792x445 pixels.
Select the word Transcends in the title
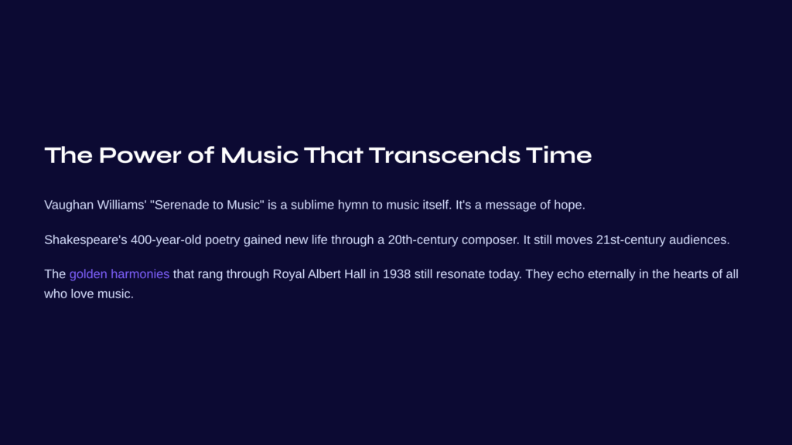[x=445, y=155]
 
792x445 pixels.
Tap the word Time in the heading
[x=558, y=155]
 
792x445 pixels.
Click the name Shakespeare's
[x=86, y=240]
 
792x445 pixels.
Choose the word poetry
[x=222, y=240]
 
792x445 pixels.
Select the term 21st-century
[x=631, y=240]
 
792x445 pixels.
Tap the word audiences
[x=699, y=239]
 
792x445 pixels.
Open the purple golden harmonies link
[x=119, y=274]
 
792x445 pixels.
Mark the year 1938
[x=397, y=274]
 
